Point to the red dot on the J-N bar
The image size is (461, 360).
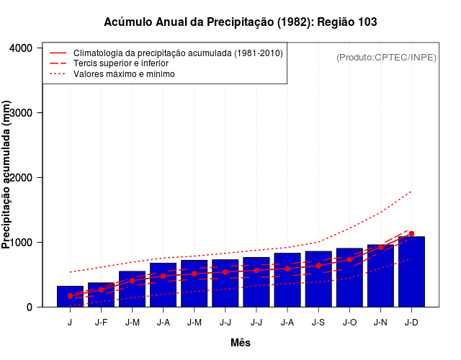click(x=380, y=248)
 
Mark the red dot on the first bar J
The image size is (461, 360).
click(x=70, y=296)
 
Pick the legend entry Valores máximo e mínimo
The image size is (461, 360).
click(x=124, y=73)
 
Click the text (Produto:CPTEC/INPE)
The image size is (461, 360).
click(x=386, y=58)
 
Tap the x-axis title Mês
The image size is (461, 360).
click(x=241, y=343)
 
